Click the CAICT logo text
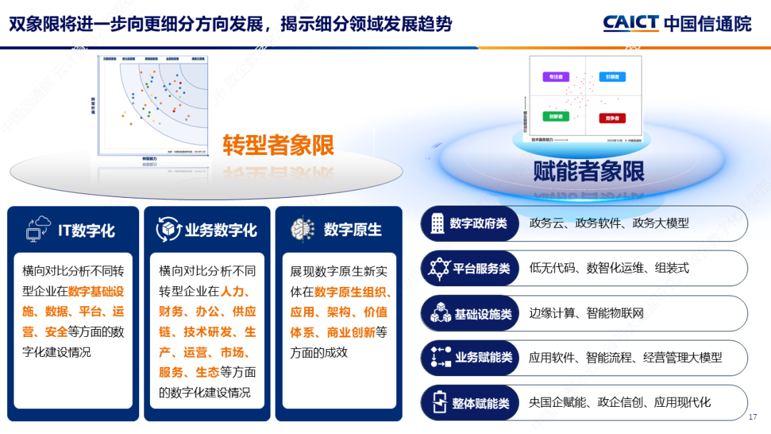coord(631,23)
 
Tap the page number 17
coord(752,417)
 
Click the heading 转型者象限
coord(278,145)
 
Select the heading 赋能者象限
coord(589,171)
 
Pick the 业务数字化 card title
coord(221,230)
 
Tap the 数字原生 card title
coord(353,230)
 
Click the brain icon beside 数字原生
coord(303,229)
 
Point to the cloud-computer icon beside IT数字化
coord(38,228)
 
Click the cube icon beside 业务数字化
coord(168,229)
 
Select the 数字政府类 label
coord(478,223)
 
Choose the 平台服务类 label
coord(481,268)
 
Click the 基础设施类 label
coord(483,313)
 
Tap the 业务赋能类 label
coord(483,358)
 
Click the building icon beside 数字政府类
coord(435,223)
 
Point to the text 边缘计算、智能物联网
coord(586,313)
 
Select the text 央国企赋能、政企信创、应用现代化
coord(620,403)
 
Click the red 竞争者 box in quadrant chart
coord(613,117)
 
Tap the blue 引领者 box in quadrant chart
coord(612,76)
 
